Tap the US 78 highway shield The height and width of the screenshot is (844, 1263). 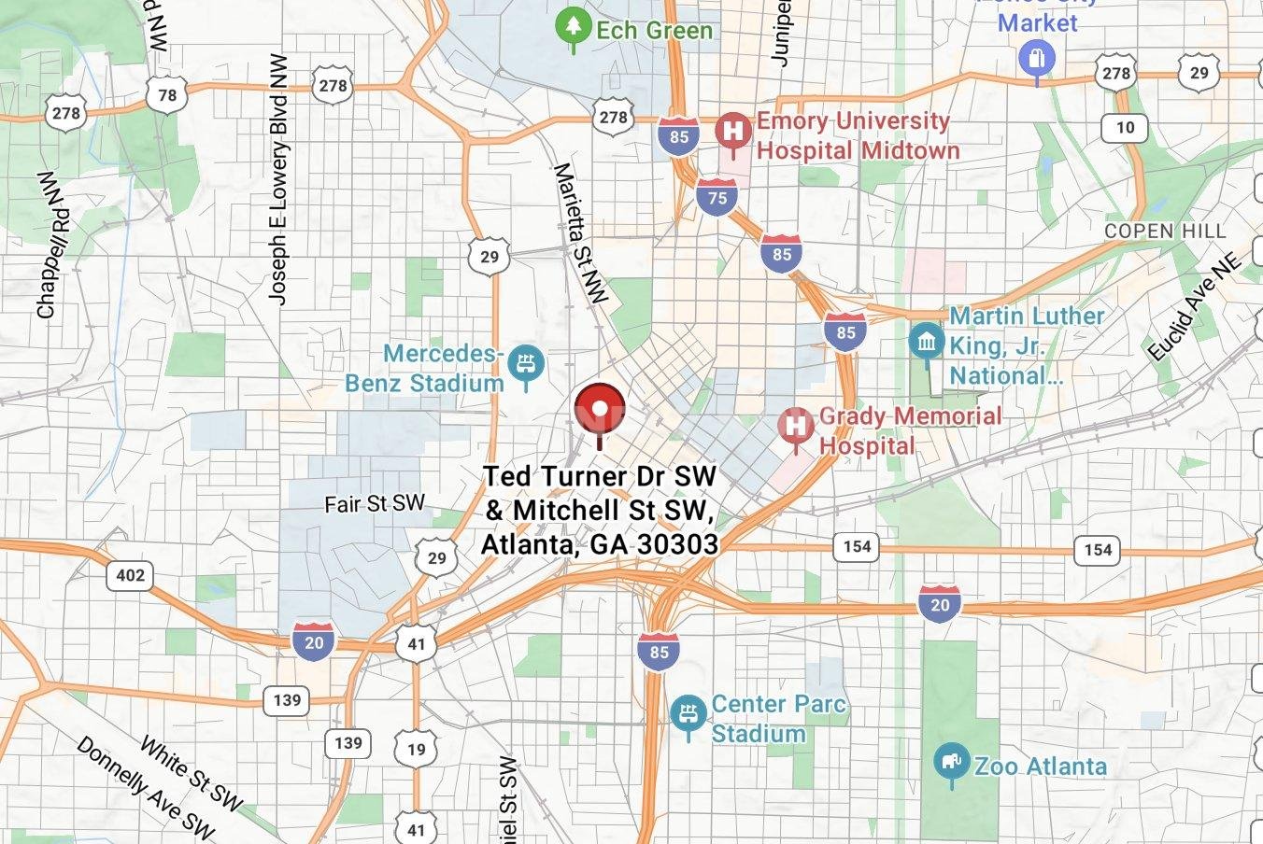point(167,94)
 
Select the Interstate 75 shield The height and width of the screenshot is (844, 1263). point(717,198)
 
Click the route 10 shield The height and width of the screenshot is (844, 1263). point(1125,128)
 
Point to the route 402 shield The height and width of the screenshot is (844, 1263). point(130,574)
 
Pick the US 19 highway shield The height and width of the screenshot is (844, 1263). point(416,748)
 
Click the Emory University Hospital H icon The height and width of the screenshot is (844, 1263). point(733,131)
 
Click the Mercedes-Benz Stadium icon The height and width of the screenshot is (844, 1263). point(528,364)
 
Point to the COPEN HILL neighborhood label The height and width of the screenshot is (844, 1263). point(1164,231)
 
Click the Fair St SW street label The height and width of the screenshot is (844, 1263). point(374,504)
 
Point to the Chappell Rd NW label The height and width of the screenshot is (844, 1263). point(53,245)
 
